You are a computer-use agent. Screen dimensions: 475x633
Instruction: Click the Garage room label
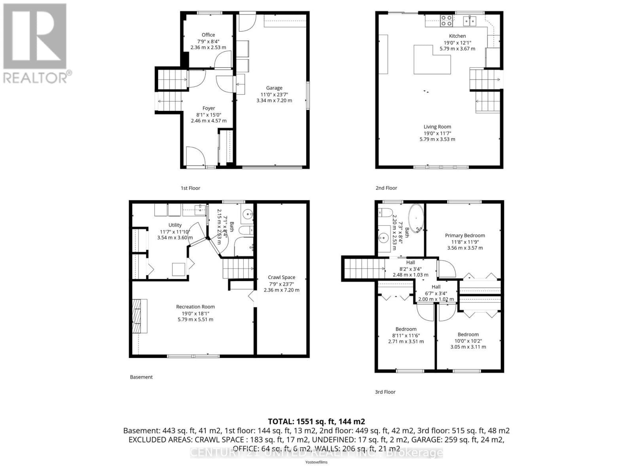(274, 88)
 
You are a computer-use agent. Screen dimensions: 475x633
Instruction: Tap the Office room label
(208, 35)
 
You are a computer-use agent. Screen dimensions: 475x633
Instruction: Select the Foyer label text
(208, 108)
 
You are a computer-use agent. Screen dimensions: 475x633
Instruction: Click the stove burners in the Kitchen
(446, 21)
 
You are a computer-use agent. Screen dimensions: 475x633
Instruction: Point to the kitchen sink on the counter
(471, 21)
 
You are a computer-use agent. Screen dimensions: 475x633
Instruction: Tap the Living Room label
(437, 127)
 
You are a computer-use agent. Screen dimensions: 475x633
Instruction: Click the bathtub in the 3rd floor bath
(416, 218)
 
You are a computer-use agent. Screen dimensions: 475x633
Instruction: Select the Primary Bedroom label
(465, 235)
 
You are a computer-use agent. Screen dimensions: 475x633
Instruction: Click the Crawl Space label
(281, 277)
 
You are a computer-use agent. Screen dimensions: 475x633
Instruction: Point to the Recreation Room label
(195, 306)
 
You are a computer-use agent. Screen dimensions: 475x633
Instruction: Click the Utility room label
(175, 225)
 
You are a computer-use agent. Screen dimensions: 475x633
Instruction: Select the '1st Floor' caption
(190, 188)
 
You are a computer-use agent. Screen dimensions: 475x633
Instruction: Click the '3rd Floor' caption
(385, 392)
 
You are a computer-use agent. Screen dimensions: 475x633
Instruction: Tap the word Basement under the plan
(141, 377)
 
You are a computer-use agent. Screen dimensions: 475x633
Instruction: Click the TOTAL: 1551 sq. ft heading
(316, 422)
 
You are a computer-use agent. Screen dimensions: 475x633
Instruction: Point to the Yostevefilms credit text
(316, 462)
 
